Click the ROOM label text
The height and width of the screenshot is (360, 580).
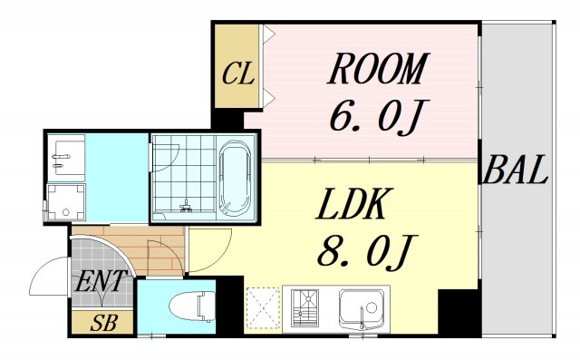pyautogui.click(x=378, y=69)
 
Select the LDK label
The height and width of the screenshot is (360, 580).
pyautogui.click(x=351, y=204)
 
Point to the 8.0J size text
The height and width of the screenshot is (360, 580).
pyautogui.click(x=367, y=250)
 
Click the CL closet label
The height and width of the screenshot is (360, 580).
pyautogui.click(x=237, y=73)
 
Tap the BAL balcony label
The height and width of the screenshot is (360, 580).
pyautogui.click(x=516, y=170)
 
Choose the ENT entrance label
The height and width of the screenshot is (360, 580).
pyautogui.click(x=100, y=282)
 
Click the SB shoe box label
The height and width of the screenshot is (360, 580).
pyautogui.click(x=104, y=323)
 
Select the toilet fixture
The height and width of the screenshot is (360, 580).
pyautogui.click(x=192, y=306)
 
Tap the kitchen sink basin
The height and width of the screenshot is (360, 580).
pyautogui.click(x=362, y=309)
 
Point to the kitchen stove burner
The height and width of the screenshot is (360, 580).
pyautogui.click(x=304, y=307)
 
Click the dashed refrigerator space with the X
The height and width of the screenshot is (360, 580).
pyautogui.click(x=264, y=308)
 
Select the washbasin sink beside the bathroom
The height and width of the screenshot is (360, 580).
pyautogui.click(x=66, y=158)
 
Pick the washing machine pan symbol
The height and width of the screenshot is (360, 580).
pyautogui.click(x=66, y=202)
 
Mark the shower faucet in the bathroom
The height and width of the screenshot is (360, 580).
pyautogui.click(x=186, y=207)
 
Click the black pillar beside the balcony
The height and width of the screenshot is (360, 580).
pyautogui.click(x=459, y=312)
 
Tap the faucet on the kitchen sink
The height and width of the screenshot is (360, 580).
pyautogui.click(x=362, y=318)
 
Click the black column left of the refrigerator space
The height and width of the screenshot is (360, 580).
pyautogui.click(x=229, y=306)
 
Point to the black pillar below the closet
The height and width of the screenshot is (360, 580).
pyautogui.click(x=227, y=119)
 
